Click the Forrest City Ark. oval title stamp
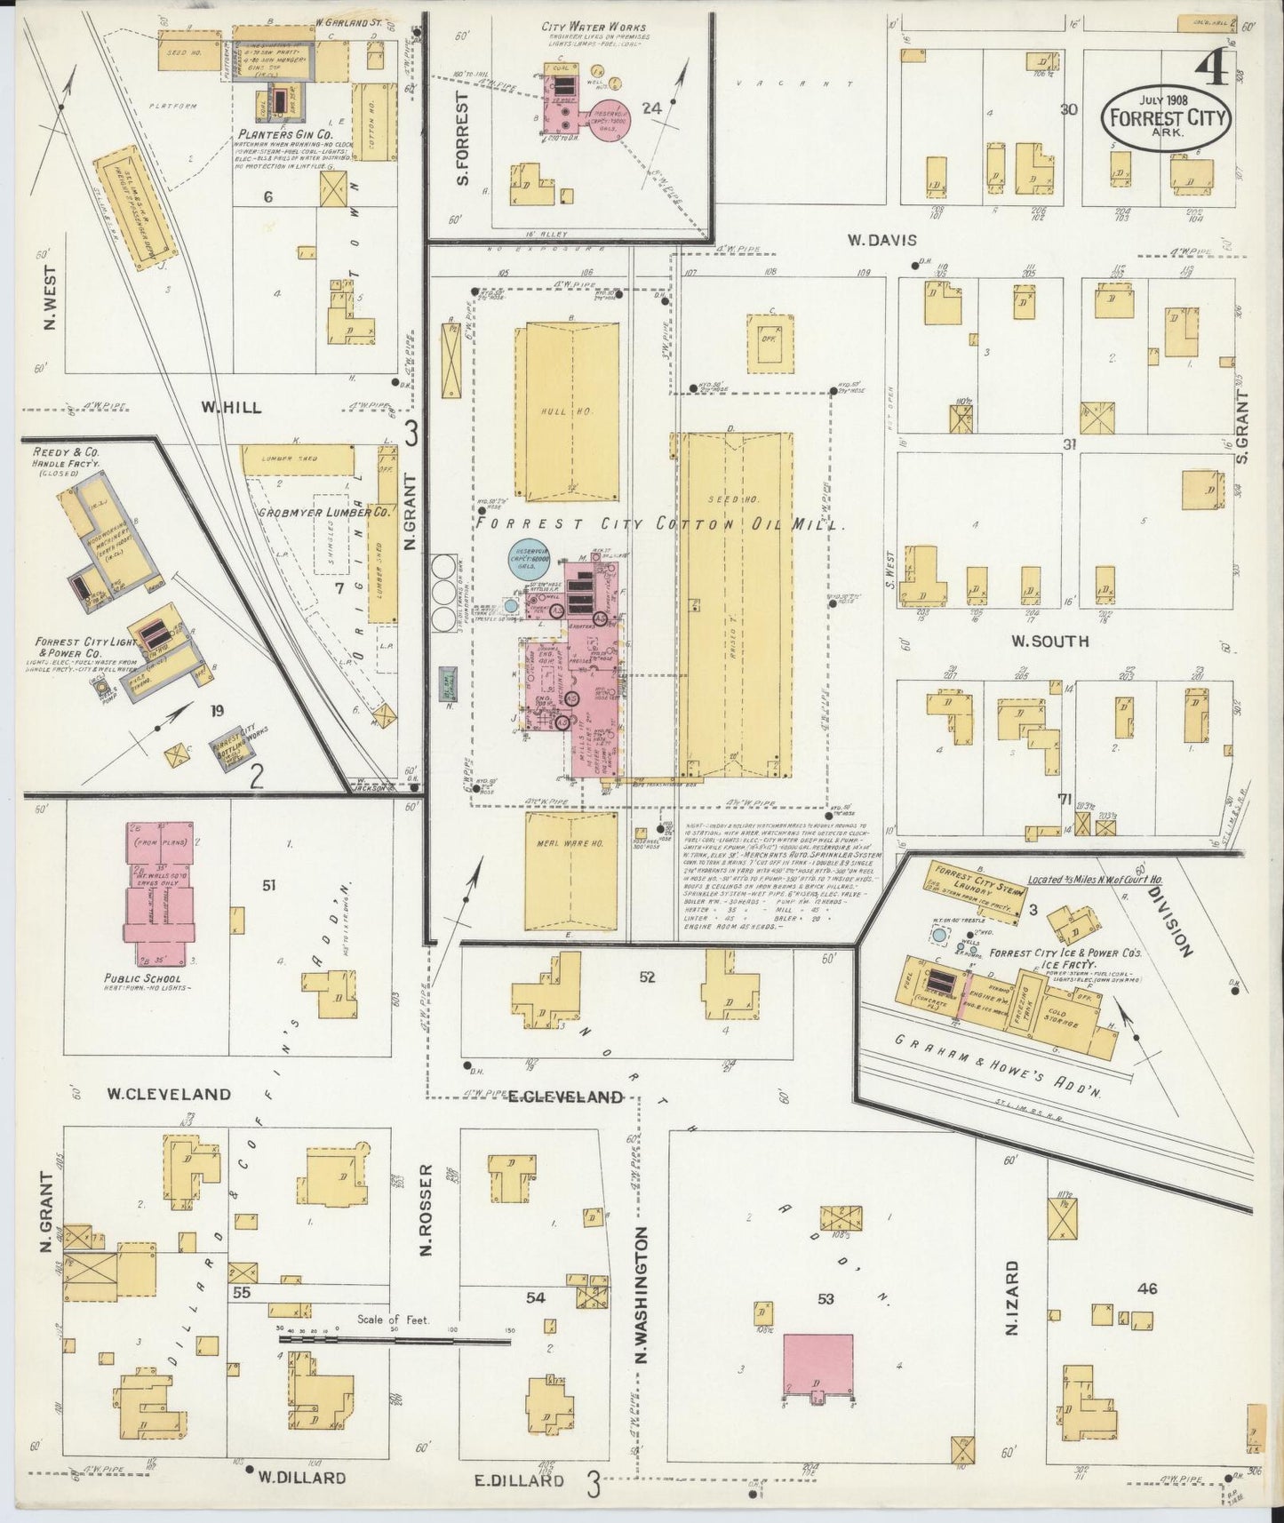click(1166, 118)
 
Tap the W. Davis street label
click(882, 240)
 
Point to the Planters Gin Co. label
click(284, 135)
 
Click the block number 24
click(652, 108)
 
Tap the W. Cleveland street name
click(169, 1094)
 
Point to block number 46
click(1147, 1288)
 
